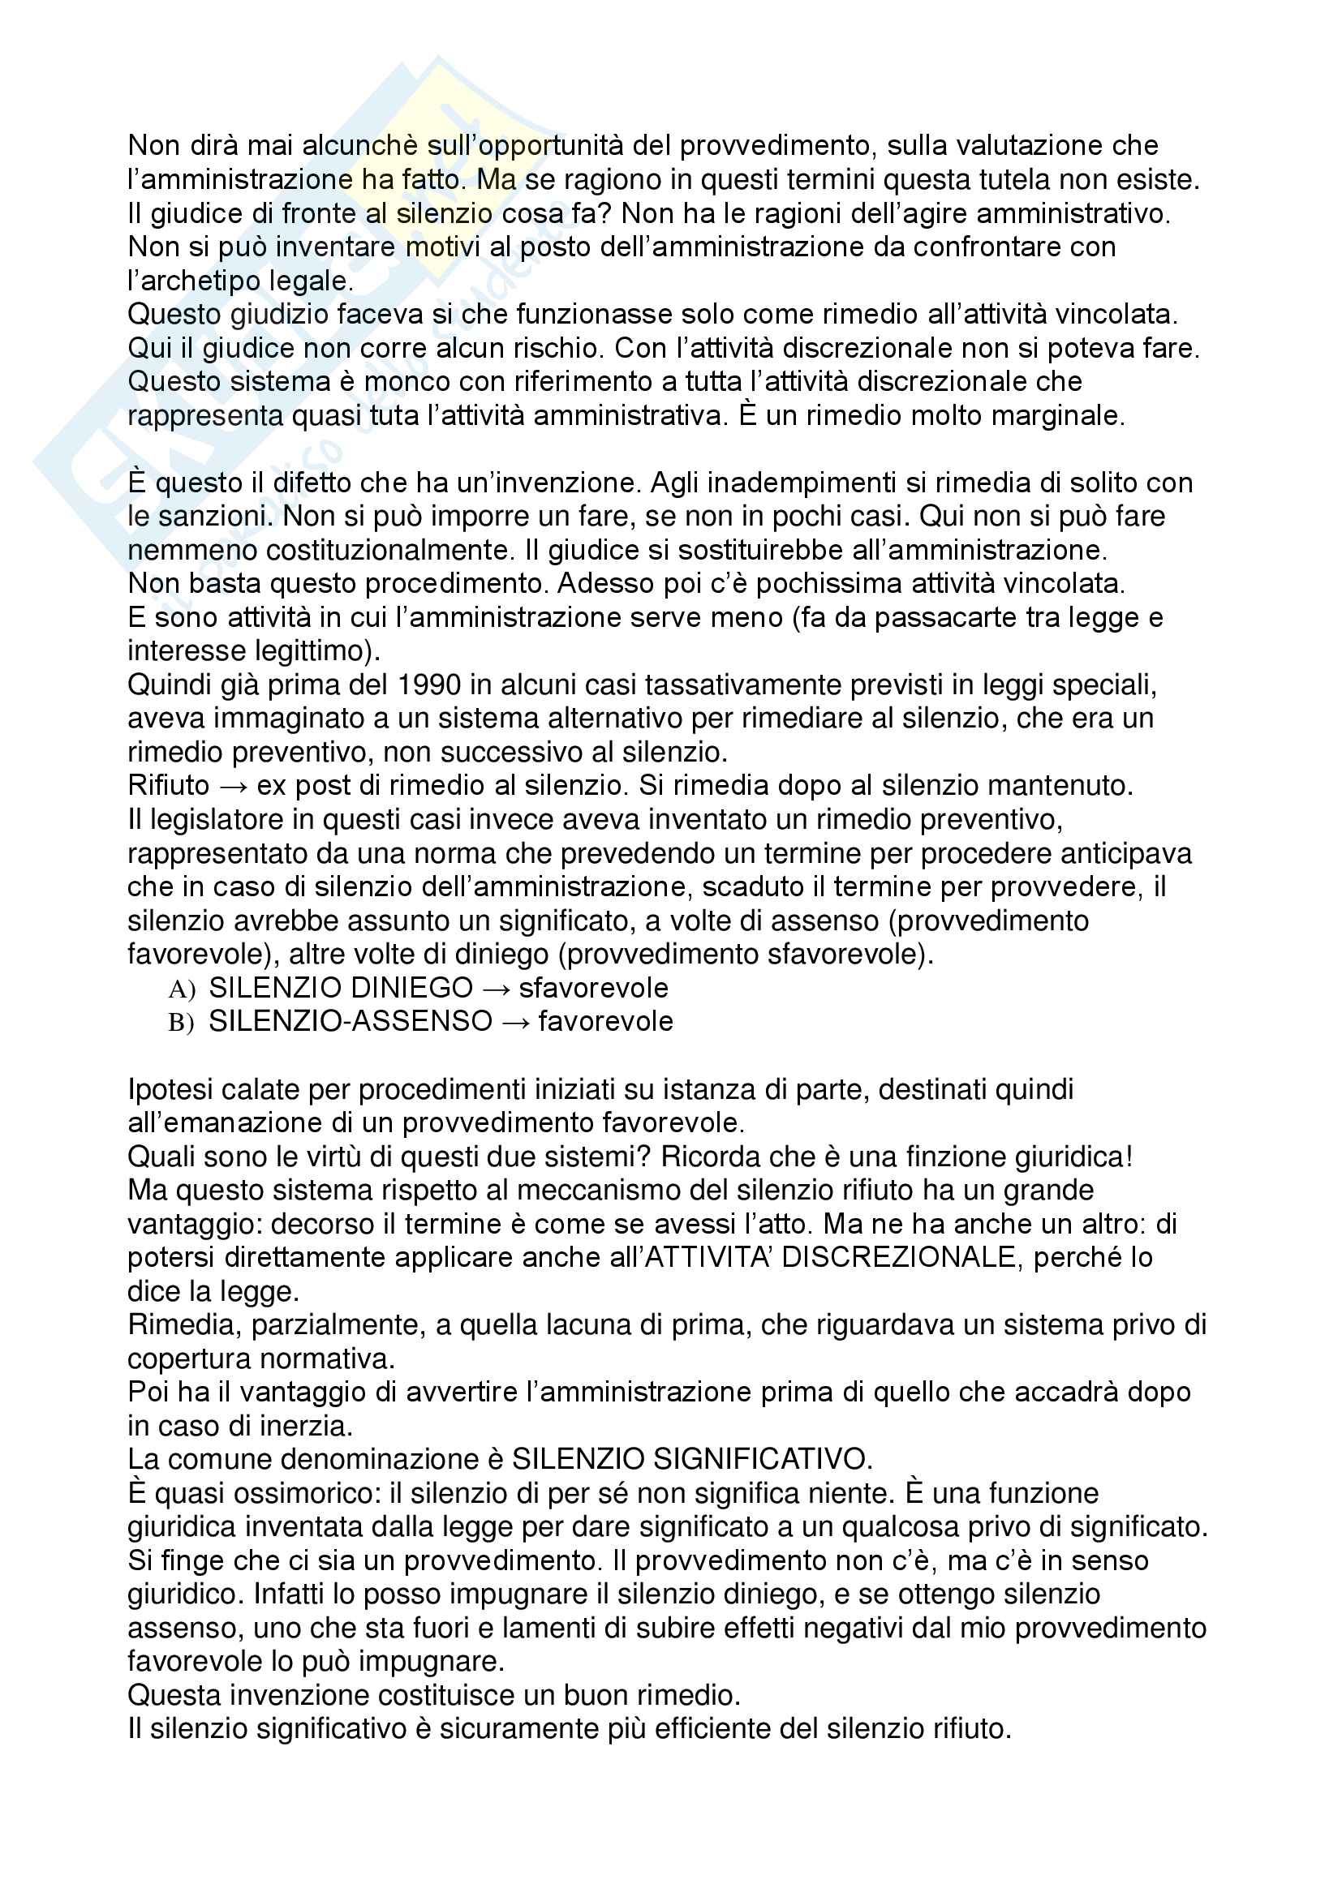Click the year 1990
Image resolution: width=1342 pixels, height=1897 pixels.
click(x=429, y=685)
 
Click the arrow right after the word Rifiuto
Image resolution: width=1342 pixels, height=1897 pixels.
click(x=234, y=786)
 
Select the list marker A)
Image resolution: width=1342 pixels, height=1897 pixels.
click(x=181, y=989)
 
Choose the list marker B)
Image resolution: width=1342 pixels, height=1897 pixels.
click(x=181, y=1023)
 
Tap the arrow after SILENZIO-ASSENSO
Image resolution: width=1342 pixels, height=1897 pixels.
click(x=516, y=1022)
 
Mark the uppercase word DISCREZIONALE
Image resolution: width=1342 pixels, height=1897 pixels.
click(x=899, y=1258)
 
